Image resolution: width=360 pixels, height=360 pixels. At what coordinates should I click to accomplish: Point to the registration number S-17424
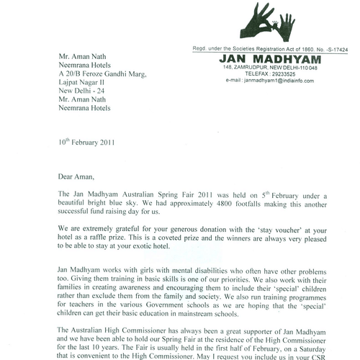tap(340, 47)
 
